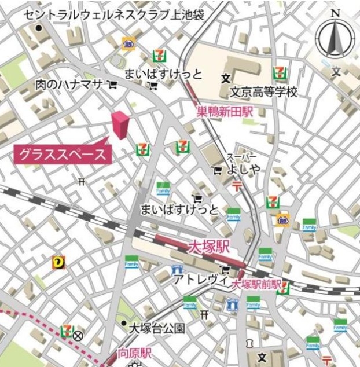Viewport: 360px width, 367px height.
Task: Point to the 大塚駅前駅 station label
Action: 256,285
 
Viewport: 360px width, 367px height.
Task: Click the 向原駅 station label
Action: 134,353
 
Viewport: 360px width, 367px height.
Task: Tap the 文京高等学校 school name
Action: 263,92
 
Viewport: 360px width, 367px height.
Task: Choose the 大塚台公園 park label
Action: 157,328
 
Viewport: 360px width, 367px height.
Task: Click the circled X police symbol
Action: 78,335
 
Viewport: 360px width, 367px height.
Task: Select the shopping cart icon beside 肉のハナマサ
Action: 112,85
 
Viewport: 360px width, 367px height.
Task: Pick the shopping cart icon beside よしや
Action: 217,170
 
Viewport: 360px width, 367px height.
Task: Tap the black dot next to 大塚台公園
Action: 123,323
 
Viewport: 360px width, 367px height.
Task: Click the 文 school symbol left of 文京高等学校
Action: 225,78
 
